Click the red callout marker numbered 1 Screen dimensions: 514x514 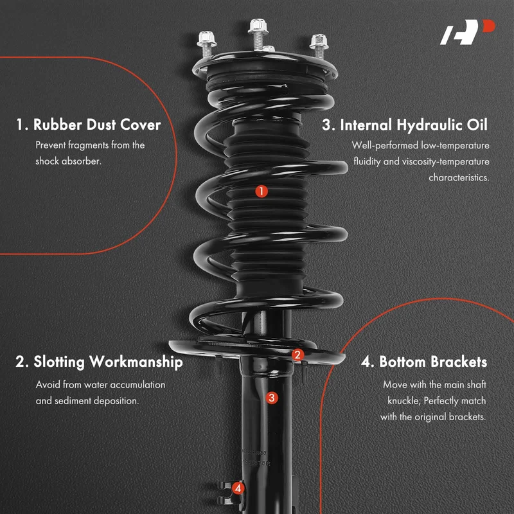[261, 191]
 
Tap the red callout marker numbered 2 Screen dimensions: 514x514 [297, 355]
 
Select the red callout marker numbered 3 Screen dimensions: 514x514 [272, 398]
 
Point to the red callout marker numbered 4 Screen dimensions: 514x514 [238, 488]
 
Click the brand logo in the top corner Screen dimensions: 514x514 [468, 31]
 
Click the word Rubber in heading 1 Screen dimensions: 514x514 [58, 125]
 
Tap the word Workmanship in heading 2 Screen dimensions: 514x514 [136, 362]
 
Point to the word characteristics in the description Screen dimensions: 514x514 [459, 178]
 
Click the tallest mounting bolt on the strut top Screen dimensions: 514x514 [258, 34]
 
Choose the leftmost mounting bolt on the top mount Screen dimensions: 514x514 [207, 44]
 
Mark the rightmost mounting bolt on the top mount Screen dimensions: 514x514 [319, 45]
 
